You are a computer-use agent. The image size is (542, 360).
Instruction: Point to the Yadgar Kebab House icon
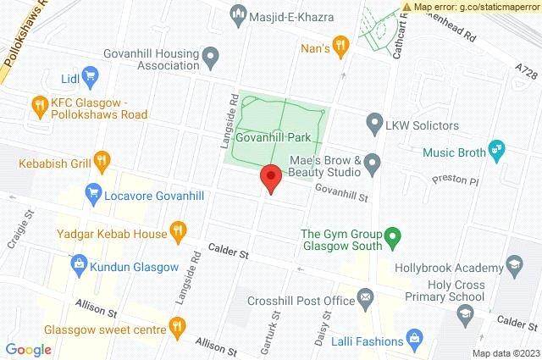(177, 230)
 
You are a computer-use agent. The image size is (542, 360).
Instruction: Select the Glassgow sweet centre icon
(177, 324)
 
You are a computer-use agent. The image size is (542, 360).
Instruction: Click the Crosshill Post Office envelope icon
(365, 297)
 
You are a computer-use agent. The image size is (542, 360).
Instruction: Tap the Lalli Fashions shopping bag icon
(414, 341)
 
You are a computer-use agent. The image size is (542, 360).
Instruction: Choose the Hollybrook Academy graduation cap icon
(513, 265)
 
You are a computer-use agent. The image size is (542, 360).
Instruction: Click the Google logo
(29, 349)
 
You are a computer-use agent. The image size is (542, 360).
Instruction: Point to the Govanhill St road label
(343, 194)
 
